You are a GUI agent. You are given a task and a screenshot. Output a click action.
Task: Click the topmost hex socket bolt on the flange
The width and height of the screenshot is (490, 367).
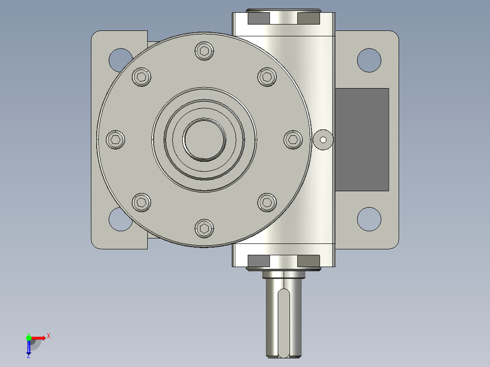coord(204,51)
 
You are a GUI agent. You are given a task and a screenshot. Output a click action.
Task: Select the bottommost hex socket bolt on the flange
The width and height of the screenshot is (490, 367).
coord(204,228)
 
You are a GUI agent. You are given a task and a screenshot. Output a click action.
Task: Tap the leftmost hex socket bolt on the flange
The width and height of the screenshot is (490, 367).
coord(115,139)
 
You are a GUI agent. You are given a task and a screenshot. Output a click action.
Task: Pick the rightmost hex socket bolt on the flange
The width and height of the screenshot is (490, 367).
coord(293,139)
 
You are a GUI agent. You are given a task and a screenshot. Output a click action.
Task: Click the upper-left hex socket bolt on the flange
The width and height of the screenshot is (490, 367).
coord(141,77)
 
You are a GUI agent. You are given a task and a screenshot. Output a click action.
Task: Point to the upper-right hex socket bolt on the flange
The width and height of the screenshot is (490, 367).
coord(267,77)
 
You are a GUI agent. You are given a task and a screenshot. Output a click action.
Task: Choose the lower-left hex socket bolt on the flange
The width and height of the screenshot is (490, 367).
coord(141,203)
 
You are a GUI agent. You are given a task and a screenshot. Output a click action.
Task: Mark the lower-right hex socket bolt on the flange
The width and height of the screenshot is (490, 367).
coord(267,203)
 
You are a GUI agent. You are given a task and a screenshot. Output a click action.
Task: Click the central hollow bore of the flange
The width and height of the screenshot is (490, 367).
coord(204,139)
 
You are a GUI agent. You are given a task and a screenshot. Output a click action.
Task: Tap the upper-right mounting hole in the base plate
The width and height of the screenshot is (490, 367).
coord(369,60)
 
